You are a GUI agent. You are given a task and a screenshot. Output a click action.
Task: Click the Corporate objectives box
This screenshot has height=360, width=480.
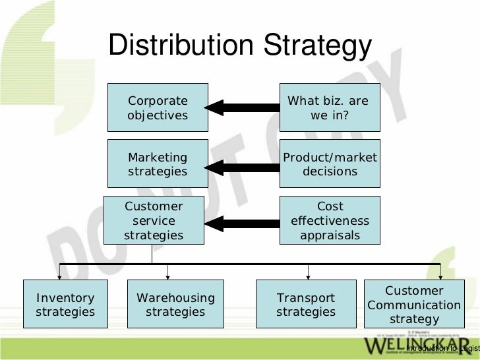pyautogui.click(x=158, y=108)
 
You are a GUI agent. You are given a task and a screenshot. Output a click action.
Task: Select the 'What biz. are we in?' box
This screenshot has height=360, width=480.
pyautogui.click(x=330, y=108)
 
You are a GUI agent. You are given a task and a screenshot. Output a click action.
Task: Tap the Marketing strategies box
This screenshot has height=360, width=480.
pyautogui.click(x=158, y=164)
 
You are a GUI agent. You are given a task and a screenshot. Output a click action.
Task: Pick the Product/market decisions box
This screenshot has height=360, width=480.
pyautogui.click(x=330, y=164)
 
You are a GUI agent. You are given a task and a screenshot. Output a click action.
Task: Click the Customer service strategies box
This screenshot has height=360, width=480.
pyautogui.click(x=154, y=220)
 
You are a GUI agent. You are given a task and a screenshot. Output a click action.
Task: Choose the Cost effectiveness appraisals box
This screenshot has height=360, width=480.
pyautogui.click(x=330, y=220)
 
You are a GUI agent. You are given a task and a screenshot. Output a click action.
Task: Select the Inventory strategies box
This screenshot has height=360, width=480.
pyautogui.click(x=65, y=305)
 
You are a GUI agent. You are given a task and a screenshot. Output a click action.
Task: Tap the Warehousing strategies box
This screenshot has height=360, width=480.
pyautogui.click(x=175, y=305)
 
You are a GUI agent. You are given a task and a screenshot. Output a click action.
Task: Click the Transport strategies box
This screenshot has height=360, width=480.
pyautogui.click(x=306, y=305)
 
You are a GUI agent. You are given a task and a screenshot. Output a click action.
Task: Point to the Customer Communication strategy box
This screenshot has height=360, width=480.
pyautogui.click(x=413, y=305)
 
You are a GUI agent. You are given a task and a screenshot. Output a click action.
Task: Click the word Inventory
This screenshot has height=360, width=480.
pyautogui.click(x=65, y=298)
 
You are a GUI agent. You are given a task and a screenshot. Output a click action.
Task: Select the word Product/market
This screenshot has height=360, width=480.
pyautogui.click(x=330, y=158)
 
